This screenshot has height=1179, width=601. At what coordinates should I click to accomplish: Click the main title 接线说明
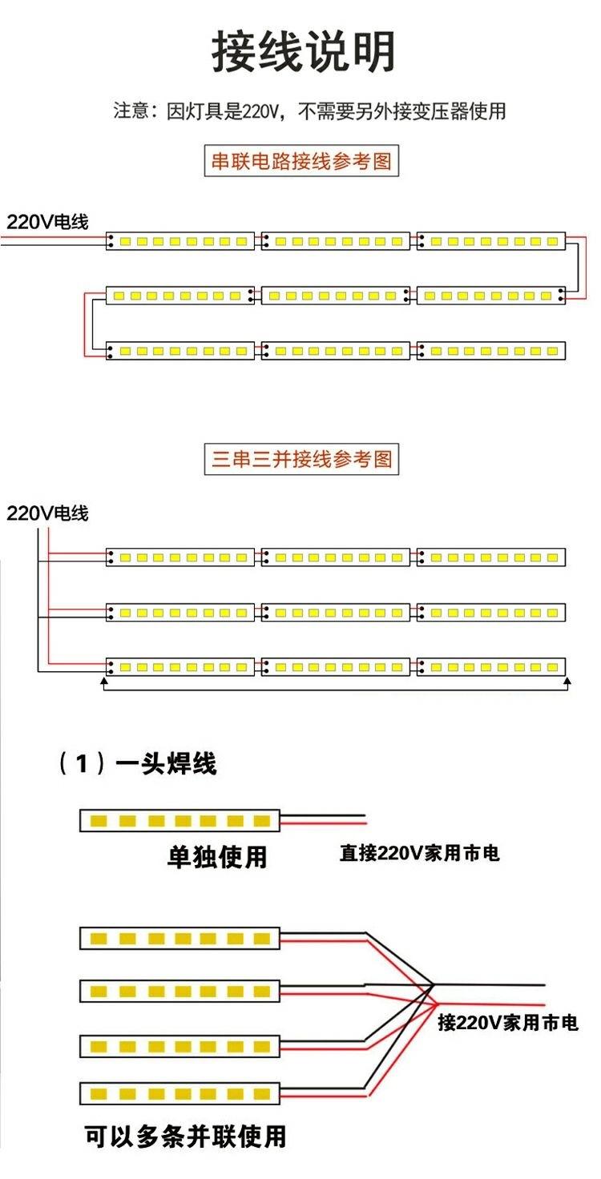pos(304,51)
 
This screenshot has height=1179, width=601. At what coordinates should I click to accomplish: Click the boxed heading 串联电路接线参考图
pos(301,160)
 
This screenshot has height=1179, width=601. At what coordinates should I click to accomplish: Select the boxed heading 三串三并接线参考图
pos(301,459)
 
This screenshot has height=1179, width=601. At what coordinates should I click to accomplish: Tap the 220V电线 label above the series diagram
pos(47,222)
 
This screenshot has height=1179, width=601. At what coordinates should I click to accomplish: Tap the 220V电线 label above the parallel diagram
pos(47,513)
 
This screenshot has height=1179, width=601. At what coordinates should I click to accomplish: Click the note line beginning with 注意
pos(309,111)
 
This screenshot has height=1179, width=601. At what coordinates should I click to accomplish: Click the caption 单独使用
pos(217,856)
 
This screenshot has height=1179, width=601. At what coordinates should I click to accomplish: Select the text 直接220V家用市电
pos(419,853)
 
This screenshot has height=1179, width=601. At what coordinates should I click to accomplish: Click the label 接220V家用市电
pos(508,1022)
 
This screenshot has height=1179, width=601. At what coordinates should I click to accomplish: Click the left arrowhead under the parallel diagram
pos(104,682)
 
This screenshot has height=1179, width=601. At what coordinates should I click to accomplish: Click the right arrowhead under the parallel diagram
pos(567,682)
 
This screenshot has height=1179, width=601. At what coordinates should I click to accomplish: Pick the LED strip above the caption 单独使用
pos(179,820)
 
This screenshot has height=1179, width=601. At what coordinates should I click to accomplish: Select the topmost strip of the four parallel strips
pos(179,939)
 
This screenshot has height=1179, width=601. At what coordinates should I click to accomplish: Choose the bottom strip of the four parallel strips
pos(179,1094)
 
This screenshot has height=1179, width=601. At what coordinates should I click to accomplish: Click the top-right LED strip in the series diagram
pos(491,241)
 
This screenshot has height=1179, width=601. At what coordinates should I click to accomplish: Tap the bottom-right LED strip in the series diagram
pos(491,351)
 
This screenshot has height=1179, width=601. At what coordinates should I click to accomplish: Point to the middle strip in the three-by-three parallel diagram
pos(336,612)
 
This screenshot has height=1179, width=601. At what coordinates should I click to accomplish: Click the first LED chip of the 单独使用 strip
pos(99,820)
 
